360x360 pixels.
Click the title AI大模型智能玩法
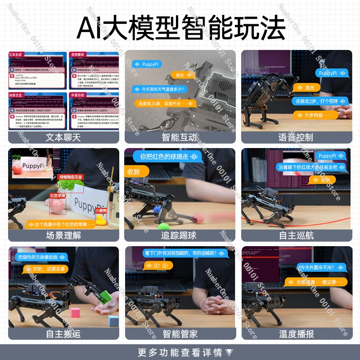[x=180, y=28]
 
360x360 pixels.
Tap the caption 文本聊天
[x=63, y=137]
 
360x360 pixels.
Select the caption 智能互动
[x=180, y=137]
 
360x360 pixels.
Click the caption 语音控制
[x=296, y=137]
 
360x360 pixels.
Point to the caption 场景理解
[x=63, y=235]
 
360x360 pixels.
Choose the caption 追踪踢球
[x=180, y=235]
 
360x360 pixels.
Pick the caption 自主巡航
[x=296, y=235]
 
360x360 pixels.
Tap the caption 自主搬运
[x=63, y=334]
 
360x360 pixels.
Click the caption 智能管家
[x=180, y=334]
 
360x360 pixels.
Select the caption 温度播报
[x=296, y=334]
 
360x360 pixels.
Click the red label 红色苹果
[x=58, y=196]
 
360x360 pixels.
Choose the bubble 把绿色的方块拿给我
[x=42, y=257]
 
